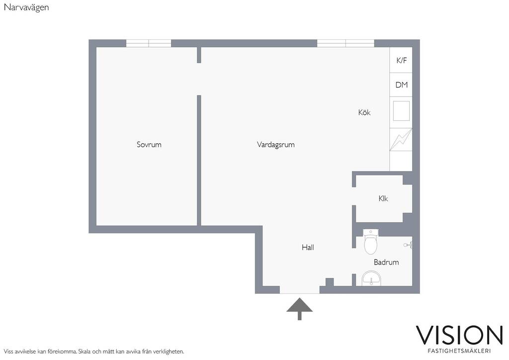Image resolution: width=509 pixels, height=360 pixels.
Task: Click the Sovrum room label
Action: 149,145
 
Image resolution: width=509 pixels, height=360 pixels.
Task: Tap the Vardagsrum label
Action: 275,145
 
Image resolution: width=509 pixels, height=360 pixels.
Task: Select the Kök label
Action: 364,112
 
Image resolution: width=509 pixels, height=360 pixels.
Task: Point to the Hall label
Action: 308,247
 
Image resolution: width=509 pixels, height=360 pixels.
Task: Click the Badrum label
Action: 386,262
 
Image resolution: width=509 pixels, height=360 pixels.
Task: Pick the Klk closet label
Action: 383,198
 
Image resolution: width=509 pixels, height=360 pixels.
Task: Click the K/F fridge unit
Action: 401,60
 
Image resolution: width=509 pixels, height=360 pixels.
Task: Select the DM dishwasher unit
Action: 401,85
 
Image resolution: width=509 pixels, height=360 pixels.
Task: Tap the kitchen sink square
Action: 401,111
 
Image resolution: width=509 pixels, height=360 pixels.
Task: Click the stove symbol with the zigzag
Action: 401,140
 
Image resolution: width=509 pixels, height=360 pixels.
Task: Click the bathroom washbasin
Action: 371,279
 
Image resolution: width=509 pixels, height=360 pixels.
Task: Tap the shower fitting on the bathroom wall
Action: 409,245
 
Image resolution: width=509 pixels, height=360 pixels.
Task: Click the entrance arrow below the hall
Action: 299,309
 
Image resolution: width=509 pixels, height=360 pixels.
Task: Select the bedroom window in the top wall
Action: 149,43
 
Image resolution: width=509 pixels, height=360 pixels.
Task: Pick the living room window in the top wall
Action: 346,43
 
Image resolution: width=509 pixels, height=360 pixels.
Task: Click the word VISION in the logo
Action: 459,335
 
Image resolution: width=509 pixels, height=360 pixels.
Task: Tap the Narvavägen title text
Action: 26,7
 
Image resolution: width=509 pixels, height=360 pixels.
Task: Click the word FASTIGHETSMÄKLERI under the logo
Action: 459,351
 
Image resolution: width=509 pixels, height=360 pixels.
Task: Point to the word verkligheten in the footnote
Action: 168,351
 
